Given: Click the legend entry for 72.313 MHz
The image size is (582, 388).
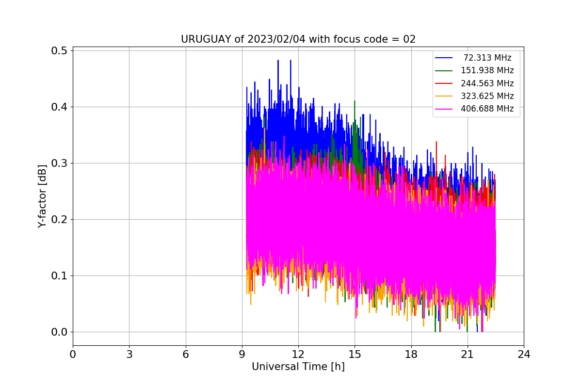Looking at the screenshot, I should pos(487,58).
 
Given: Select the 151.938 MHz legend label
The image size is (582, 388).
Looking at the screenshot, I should pos(487,70).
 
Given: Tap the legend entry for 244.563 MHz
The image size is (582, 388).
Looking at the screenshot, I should pos(487,83).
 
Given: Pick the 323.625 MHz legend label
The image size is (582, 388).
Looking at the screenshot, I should pos(487,96).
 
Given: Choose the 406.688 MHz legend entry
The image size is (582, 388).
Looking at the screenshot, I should pos(487,109).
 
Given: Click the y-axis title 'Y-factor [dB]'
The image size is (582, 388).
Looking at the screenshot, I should pos(43,196).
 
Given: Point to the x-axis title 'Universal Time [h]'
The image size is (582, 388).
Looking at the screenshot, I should pos(298,367).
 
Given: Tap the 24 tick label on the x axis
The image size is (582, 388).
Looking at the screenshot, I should pos(524,354).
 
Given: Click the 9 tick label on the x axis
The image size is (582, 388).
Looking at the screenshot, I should pos(242,354).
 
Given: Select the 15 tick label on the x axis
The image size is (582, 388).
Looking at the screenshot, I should pos(355,354).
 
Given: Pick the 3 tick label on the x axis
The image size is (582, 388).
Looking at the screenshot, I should pos(129,354).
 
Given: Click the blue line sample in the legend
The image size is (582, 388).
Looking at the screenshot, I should pos(444,58).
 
